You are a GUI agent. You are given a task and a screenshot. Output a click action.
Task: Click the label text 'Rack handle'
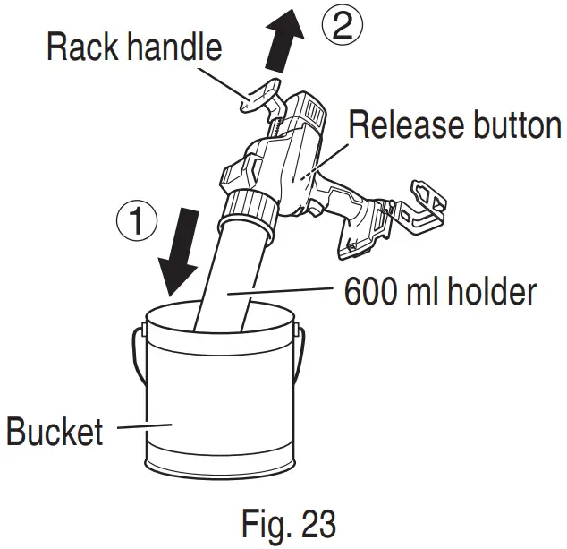(133, 46)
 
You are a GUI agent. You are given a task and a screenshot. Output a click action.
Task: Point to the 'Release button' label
(454, 125)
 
